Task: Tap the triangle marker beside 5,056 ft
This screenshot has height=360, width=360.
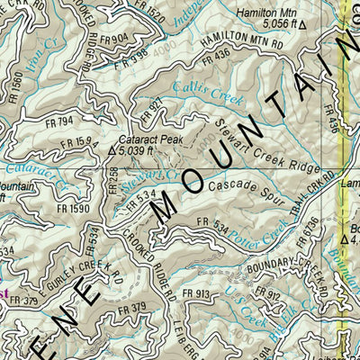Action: (x=302, y=26)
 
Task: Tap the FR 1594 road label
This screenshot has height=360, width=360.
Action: (x=79, y=140)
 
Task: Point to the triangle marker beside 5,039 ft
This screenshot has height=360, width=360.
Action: (x=112, y=152)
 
